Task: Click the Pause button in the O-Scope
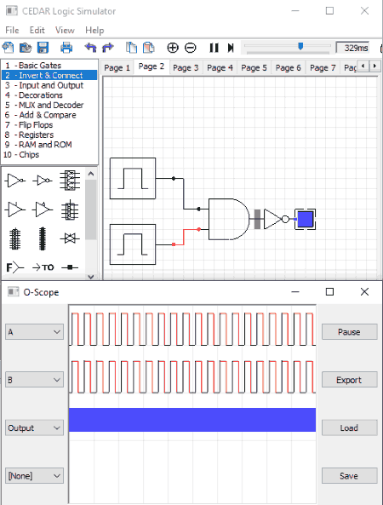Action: point(349,332)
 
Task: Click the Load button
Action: point(349,428)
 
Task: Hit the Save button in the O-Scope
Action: point(349,476)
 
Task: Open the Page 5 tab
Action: point(254,67)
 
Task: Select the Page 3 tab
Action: point(186,67)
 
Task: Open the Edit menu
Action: point(37,31)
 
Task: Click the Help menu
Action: point(94,31)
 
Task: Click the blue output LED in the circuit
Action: point(305,219)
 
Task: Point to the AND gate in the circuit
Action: point(229,219)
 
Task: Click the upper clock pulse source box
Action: point(133,179)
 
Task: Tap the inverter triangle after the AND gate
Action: point(272,219)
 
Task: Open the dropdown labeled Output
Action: point(34,428)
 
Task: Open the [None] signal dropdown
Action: point(34,476)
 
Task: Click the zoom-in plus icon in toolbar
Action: point(173,48)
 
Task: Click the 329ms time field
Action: point(352,48)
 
